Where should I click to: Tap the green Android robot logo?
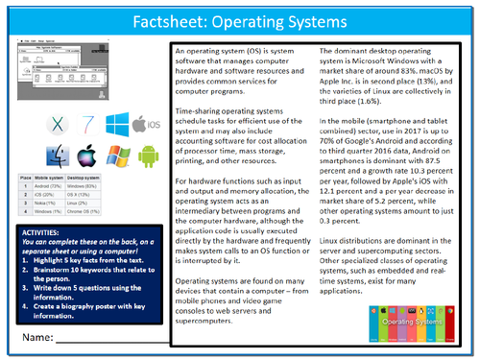pyautogui.click(x=147, y=156)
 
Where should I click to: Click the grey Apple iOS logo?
pyautogui.click(x=148, y=124)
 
